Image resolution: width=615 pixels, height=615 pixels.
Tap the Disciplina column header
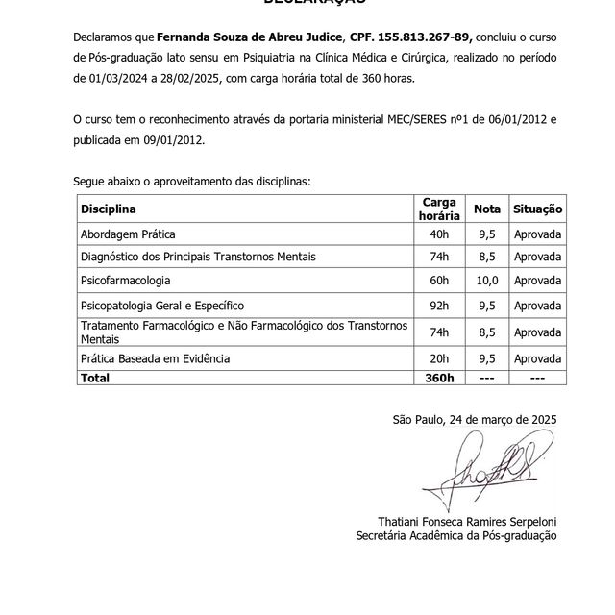click(x=109, y=209)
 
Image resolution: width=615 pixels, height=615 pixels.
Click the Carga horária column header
click(x=439, y=209)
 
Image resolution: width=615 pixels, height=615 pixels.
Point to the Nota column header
click(x=487, y=209)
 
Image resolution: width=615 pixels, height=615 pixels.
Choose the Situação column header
click(x=537, y=209)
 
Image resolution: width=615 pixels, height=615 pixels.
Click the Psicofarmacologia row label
click(x=126, y=281)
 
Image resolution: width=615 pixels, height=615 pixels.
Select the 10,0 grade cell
click(x=487, y=281)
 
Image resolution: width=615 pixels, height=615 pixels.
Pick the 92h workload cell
click(x=439, y=306)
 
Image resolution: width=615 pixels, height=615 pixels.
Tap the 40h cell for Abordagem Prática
click(x=439, y=234)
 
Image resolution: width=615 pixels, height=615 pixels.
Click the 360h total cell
click(x=439, y=379)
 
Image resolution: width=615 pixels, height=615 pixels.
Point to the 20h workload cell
click(x=439, y=358)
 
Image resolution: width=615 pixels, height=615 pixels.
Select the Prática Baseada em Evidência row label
click(x=156, y=358)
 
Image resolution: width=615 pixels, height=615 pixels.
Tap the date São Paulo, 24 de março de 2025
click(x=474, y=420)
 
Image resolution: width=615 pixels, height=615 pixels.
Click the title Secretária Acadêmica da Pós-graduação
click(x=455, y=536)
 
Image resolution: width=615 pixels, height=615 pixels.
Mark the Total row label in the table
click(x=95, y=379)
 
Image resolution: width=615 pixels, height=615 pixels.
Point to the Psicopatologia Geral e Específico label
click(x=163, y=306)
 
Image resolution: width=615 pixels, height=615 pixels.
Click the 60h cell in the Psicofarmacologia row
click(x=439, y=281)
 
